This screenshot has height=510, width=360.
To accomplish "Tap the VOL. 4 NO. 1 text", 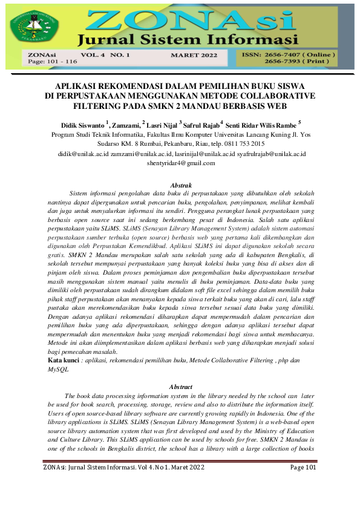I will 111,54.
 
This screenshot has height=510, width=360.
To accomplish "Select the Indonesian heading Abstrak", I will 180,185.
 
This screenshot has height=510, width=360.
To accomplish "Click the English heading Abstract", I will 180,385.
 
